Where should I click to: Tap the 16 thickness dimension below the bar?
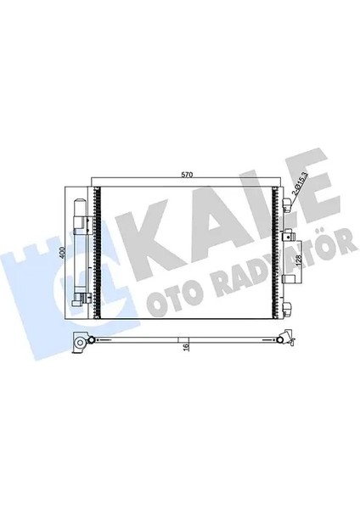tap(186, 347)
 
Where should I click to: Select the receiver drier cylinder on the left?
tap(81, 255)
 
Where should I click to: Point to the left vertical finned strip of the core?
tap(98, 255)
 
